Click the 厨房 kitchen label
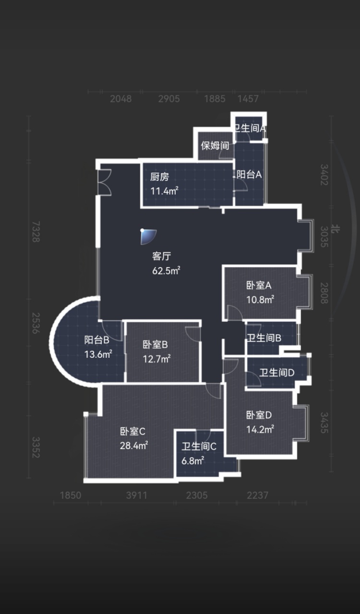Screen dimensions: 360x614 coord(159,177)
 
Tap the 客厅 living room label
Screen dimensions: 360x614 coord(162,256)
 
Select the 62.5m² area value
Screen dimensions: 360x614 coord(166,271)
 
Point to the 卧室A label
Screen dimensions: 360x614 coord(259,285)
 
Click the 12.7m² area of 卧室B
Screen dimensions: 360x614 coord(156,358)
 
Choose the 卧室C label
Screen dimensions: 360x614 coord(132,432)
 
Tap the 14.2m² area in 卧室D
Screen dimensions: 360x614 coord(260,429)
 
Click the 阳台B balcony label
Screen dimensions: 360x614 coord(97,340)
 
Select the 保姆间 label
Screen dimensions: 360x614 coord(215,145)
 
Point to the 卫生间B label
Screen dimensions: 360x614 coord(264,338)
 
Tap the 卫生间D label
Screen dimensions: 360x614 coord(277,373)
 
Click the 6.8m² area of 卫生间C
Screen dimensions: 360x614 coord(192,461)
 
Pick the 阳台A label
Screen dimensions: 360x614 coord(249,175)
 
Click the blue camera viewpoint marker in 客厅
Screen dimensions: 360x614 coord(148,236)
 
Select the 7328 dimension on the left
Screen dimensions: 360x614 coord(36,232)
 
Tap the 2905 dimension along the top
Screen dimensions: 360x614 coord(169,99)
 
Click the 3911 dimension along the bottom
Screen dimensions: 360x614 coord(137,496)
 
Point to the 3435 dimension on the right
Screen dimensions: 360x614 coord(324,423)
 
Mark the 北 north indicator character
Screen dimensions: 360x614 coord(336,228)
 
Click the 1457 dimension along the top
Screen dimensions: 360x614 coord(248,99)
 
